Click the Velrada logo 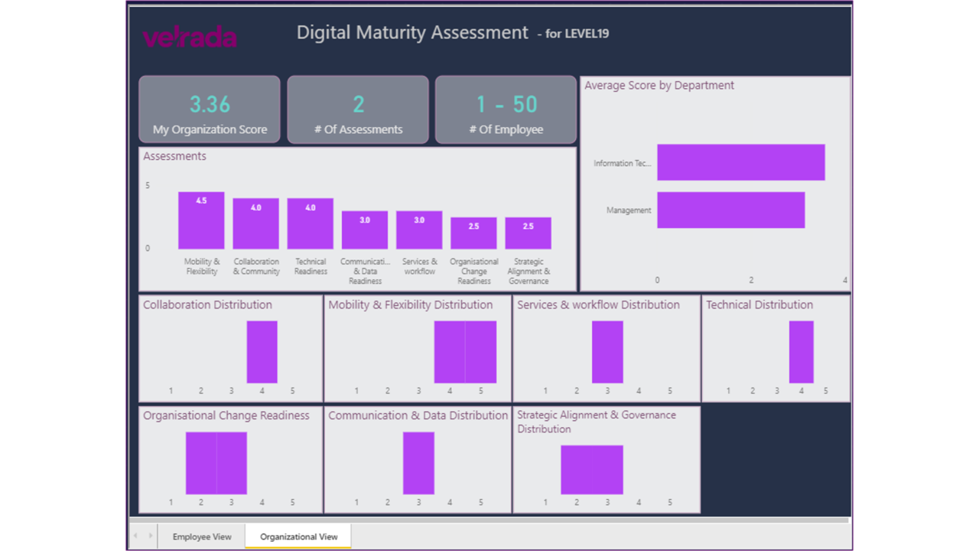190,37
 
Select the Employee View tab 202,536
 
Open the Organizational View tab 298,536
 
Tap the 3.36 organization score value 210,104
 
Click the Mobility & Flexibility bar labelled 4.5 201,220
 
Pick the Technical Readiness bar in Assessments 311,223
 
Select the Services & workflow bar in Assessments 419,230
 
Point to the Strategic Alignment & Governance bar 528,233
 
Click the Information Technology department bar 740,162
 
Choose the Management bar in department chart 730,210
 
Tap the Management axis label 629,210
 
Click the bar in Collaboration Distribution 262,352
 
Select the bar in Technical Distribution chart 801,352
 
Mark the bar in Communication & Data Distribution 418,463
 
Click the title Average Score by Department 659,86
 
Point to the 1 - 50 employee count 506,104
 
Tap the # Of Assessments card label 358,129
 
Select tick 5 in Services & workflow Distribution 669,391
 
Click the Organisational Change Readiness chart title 226,416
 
